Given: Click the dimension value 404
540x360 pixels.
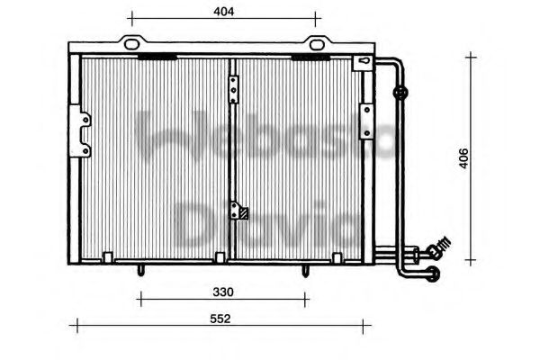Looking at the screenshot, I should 225,12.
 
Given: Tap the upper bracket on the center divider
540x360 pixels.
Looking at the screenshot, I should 233,88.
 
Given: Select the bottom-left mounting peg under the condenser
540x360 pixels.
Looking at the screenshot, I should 139,268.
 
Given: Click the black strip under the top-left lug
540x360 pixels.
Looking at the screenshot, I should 157,57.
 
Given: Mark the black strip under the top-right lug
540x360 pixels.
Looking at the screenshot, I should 309,57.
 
